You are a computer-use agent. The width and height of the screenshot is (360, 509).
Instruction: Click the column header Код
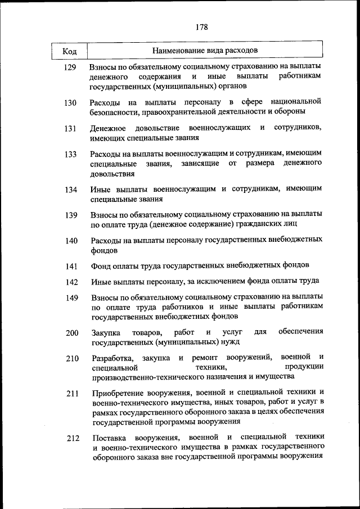point(70,51)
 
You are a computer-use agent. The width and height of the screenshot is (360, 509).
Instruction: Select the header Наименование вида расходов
point(205,51)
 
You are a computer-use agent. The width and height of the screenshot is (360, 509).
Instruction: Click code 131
point(70,129)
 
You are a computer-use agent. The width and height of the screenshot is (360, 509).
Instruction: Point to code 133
point(70,154)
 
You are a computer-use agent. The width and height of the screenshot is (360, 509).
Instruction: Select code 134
point(70,190)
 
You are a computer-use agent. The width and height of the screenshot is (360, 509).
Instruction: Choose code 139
point(70,215)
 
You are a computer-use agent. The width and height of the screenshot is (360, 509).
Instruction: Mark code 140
point(71,241)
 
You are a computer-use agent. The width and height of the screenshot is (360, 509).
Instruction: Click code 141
point(71,266)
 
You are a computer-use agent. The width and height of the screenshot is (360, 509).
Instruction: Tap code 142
point(71,282)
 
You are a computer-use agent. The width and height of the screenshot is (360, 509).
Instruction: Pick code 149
point(71,298)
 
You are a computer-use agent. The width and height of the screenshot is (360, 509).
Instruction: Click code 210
point(71,358)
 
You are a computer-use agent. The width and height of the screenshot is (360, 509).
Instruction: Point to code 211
point(71,394)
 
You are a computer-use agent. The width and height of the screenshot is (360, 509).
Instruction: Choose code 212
point(72,439)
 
